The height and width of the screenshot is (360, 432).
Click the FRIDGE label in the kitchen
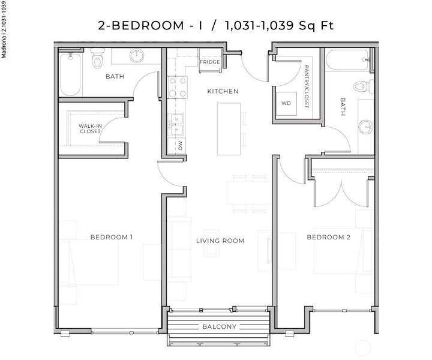point(210,62)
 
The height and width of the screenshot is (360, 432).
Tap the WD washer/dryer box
point(286,103)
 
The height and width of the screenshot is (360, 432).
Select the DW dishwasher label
point(179,145)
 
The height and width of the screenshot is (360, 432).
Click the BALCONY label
point(220,327)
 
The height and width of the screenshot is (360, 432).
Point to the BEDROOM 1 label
point(111,237)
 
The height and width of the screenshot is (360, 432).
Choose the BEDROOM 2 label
point(328,237)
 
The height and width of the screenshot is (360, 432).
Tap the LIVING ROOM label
point(220,241)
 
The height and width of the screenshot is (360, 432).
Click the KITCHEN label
point(223,91)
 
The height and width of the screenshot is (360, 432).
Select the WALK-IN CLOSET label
point(90,128)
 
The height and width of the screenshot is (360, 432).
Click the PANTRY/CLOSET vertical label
point(306,86)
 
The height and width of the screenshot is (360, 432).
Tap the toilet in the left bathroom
point(97,61)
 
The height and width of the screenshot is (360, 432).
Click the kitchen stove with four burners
point(176,87)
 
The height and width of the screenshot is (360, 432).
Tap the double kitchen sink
point(176,124)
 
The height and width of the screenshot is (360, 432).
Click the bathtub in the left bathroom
point(70,75)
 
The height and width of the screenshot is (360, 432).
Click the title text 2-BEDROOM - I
point(151,25)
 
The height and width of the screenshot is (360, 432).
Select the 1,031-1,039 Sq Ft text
point(278,25)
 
